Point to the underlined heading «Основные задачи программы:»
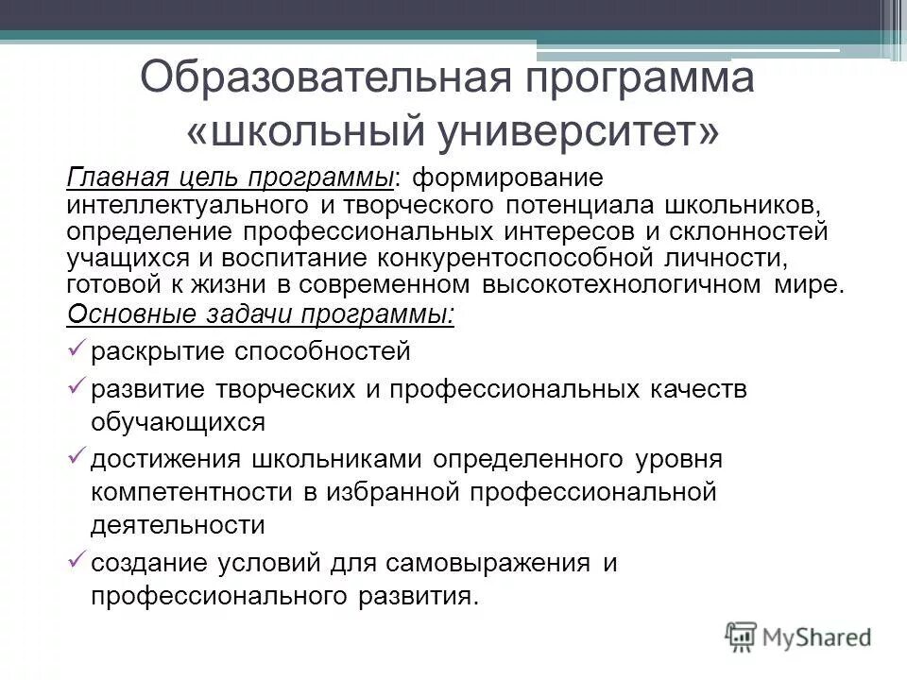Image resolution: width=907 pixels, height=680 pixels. click(261, 314)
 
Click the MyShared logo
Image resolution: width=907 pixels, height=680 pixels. click(799, 636)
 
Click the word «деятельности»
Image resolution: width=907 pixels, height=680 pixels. click(179, 525)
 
